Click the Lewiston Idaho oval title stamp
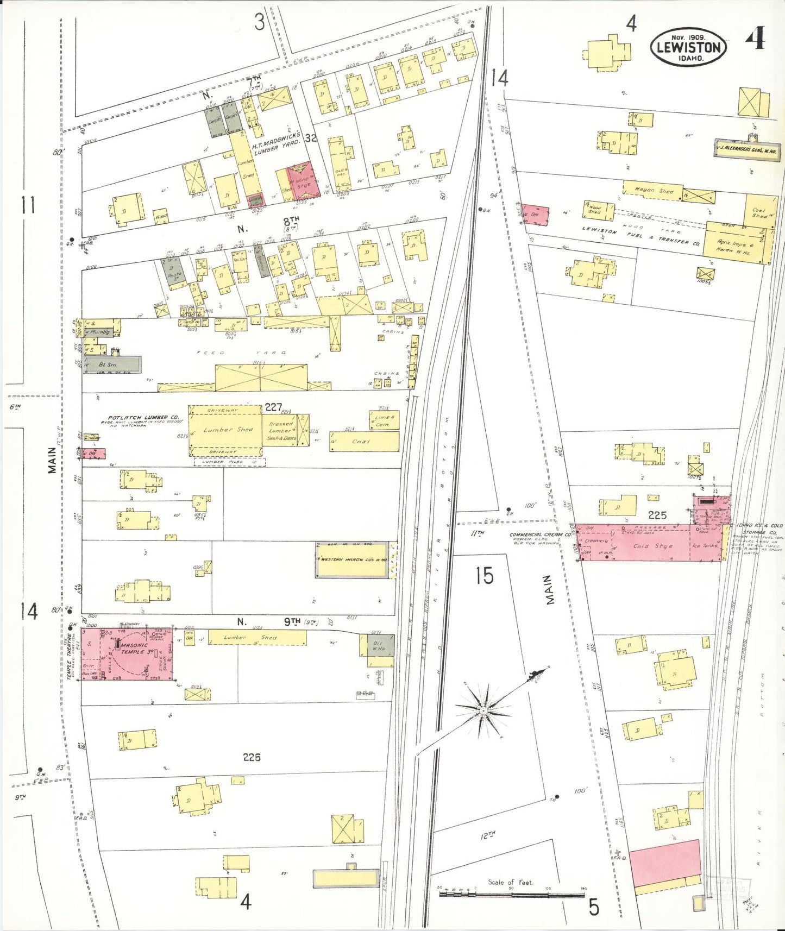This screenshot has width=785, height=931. (688, 47)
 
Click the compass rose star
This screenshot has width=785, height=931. (483, 710)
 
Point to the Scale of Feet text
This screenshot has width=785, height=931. (510, 883)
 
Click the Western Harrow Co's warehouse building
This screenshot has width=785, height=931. (352, 559)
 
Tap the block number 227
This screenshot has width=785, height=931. (273, 407)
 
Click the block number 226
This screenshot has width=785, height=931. (252, 757)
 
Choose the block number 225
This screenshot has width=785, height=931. (657, 515)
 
